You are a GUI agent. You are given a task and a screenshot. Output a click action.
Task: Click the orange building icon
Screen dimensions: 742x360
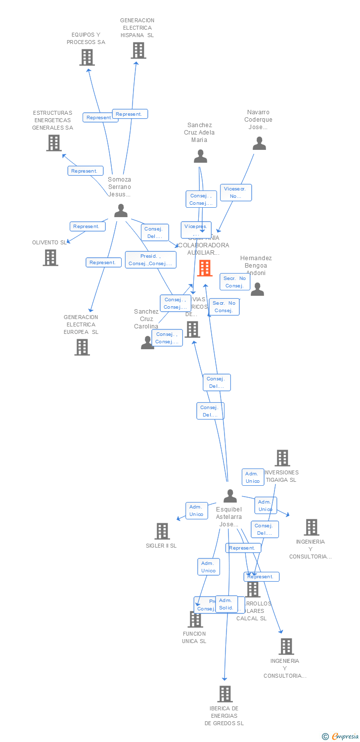[x=205, y=268]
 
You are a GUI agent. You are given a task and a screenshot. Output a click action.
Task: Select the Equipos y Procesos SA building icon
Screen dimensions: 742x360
[x=87, y=57]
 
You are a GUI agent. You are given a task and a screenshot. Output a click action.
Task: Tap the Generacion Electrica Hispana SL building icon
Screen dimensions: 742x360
[x=138, y=50]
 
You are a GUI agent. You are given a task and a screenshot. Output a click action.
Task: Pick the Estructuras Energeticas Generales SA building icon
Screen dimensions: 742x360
[x=53, y=142]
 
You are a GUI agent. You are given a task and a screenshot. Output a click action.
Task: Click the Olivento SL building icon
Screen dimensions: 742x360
[x=50, y=257]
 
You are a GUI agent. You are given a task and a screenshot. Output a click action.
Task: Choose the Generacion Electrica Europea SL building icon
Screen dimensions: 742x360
[x=82, y=347]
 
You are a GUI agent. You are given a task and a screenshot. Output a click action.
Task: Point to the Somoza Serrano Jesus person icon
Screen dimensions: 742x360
[x=121, y=211]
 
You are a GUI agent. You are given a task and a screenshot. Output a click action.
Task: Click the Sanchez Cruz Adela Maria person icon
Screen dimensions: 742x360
[x=200, y=156]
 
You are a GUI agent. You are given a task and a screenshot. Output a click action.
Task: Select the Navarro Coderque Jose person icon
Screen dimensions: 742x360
[x=259, y=143]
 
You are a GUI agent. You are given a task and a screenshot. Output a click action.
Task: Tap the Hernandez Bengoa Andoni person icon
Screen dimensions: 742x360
[x=257, y=289]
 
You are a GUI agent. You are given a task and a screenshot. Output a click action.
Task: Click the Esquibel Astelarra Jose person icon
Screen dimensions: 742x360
[x=230, y=496]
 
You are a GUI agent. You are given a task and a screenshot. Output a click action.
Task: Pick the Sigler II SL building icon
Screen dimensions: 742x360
[x=162, y=531]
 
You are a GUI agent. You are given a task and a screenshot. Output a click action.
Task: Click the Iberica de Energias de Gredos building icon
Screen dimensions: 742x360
[x=225, y=694]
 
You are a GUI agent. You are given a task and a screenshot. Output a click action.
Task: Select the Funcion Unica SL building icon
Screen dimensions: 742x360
[x=195, y=619]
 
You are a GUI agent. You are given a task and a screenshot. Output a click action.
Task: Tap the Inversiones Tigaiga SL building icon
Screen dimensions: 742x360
[x=282, y=458]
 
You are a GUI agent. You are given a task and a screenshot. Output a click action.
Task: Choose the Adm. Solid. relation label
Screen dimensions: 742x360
[x=226, y=604]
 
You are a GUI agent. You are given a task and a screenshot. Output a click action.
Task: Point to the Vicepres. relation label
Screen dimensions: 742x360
[x=196, y=229]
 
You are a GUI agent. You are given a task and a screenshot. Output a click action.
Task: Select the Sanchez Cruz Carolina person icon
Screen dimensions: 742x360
[x=147, y=342]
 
